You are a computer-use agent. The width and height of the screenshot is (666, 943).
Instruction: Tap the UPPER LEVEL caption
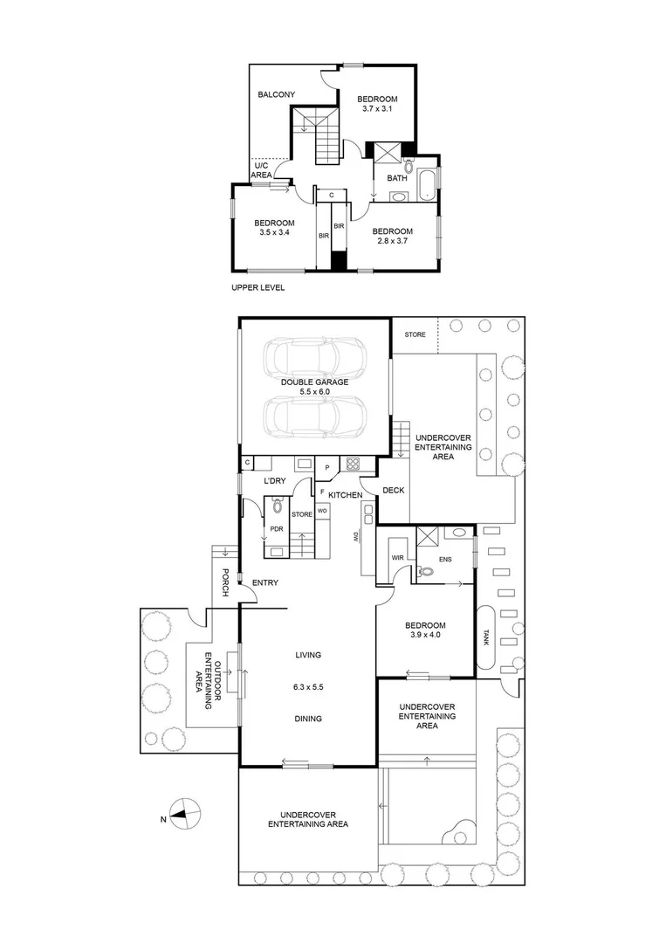(258, 287)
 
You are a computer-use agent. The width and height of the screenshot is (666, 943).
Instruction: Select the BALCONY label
(276, 95)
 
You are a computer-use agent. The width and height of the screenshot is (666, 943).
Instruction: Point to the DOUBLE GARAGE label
(314, 382)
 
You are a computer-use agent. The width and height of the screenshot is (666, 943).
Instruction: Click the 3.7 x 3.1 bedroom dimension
(377, 109)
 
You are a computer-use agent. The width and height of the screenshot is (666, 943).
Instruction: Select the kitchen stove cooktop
(354, 465)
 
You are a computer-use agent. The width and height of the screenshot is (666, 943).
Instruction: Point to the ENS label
(445, 559)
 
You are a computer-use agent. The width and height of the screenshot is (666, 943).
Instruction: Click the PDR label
(276, 528)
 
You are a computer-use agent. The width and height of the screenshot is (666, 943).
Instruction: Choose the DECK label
(394, 491)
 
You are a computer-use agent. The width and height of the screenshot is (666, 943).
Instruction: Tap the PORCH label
(224, 582)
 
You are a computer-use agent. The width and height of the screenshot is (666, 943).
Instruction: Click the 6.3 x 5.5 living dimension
(308, 687)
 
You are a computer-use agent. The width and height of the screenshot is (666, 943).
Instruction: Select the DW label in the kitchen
(356, 535)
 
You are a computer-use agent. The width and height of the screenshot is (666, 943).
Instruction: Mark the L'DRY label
(275, 481)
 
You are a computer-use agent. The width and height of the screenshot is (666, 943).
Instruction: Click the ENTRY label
(264, 582)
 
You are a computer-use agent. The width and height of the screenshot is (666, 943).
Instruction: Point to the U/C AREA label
(261, 170)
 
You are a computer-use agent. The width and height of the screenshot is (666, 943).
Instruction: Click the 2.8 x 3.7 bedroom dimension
(392, 242)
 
